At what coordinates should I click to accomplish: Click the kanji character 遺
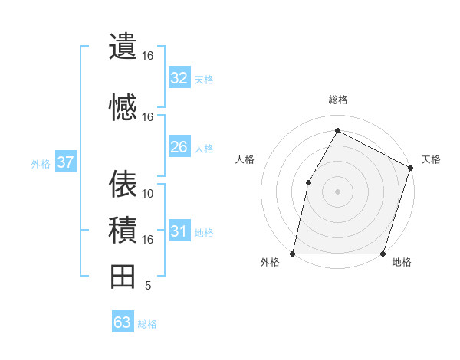[123, 46]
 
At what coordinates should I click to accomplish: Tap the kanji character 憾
[123, 107]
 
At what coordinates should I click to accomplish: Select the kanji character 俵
[123, 184]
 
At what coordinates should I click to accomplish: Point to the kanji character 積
[123, 230]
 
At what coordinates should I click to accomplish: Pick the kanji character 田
[123, 276]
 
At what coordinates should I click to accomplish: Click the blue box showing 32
[179, 78]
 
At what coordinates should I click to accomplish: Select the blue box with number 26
[179, 147]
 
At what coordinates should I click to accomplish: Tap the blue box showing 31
[179, 232]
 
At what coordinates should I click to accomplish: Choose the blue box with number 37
[65, 162]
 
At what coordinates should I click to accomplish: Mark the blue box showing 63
[122, 322]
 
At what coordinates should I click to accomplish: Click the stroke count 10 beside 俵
[148, 193]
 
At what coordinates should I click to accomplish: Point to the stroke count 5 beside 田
[147, 286]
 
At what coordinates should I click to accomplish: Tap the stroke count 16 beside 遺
[148, 56]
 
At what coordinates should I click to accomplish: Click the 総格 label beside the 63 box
[147, 324]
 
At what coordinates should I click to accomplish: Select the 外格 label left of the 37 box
[41, 163]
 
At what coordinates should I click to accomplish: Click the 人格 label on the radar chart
[245, 159]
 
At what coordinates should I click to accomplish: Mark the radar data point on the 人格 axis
[308, 182]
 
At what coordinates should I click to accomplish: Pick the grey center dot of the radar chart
[337, 191]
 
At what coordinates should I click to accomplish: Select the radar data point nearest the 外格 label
[293, 254]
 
